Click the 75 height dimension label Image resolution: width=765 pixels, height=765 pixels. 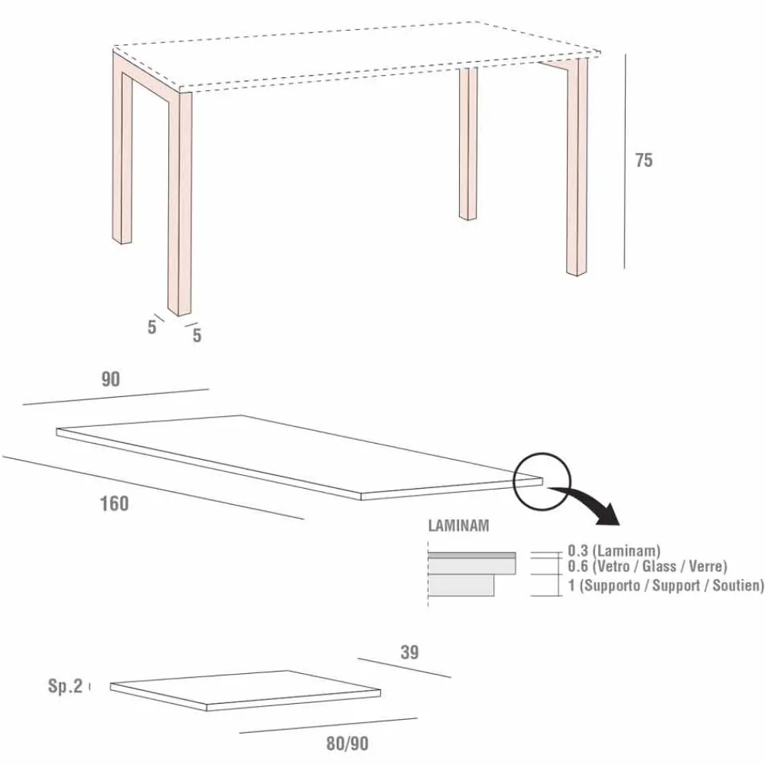(643, 161)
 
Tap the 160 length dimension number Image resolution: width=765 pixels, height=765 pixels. (114, 504)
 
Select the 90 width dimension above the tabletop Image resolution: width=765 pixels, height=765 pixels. (111, 379)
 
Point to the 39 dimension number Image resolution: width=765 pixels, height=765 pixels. (409, 653)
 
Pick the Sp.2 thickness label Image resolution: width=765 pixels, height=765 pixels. (65, 686)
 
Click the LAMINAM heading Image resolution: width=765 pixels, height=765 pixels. (458, 526)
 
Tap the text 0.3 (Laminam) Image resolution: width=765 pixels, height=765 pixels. (614, 550)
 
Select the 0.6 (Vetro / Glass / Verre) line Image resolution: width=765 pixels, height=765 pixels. (646, 566)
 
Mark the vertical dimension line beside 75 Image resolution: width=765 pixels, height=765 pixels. (624, 161)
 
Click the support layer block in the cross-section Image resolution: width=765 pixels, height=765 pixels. (461, 586)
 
